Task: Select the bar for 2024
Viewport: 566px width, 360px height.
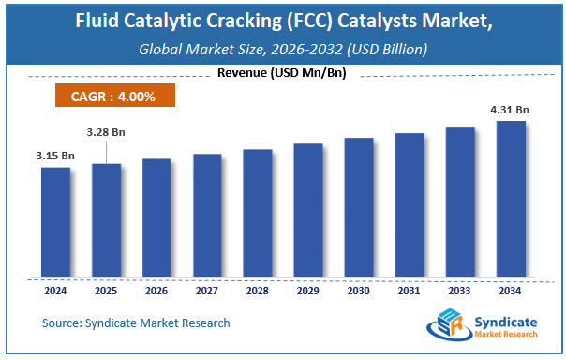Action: click(55, 222)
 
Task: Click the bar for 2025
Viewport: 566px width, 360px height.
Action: click(106, 220)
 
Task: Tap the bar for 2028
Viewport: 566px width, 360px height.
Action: click(257, 213)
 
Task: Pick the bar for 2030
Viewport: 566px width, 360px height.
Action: click(358, 207)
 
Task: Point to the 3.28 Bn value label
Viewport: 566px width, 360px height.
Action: click(106, 132)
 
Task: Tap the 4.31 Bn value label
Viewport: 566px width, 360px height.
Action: click(510, 110)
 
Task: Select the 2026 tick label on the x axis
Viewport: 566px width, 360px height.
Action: click(156, 291)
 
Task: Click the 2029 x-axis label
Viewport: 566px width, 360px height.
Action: click(307, 291)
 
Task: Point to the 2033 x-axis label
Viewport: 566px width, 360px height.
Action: click(459, 291)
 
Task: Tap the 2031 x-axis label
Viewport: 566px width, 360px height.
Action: click(409, 291)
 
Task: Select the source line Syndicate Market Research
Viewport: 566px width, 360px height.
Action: click(136, 323)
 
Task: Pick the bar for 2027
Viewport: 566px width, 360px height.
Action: click(207, 216)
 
